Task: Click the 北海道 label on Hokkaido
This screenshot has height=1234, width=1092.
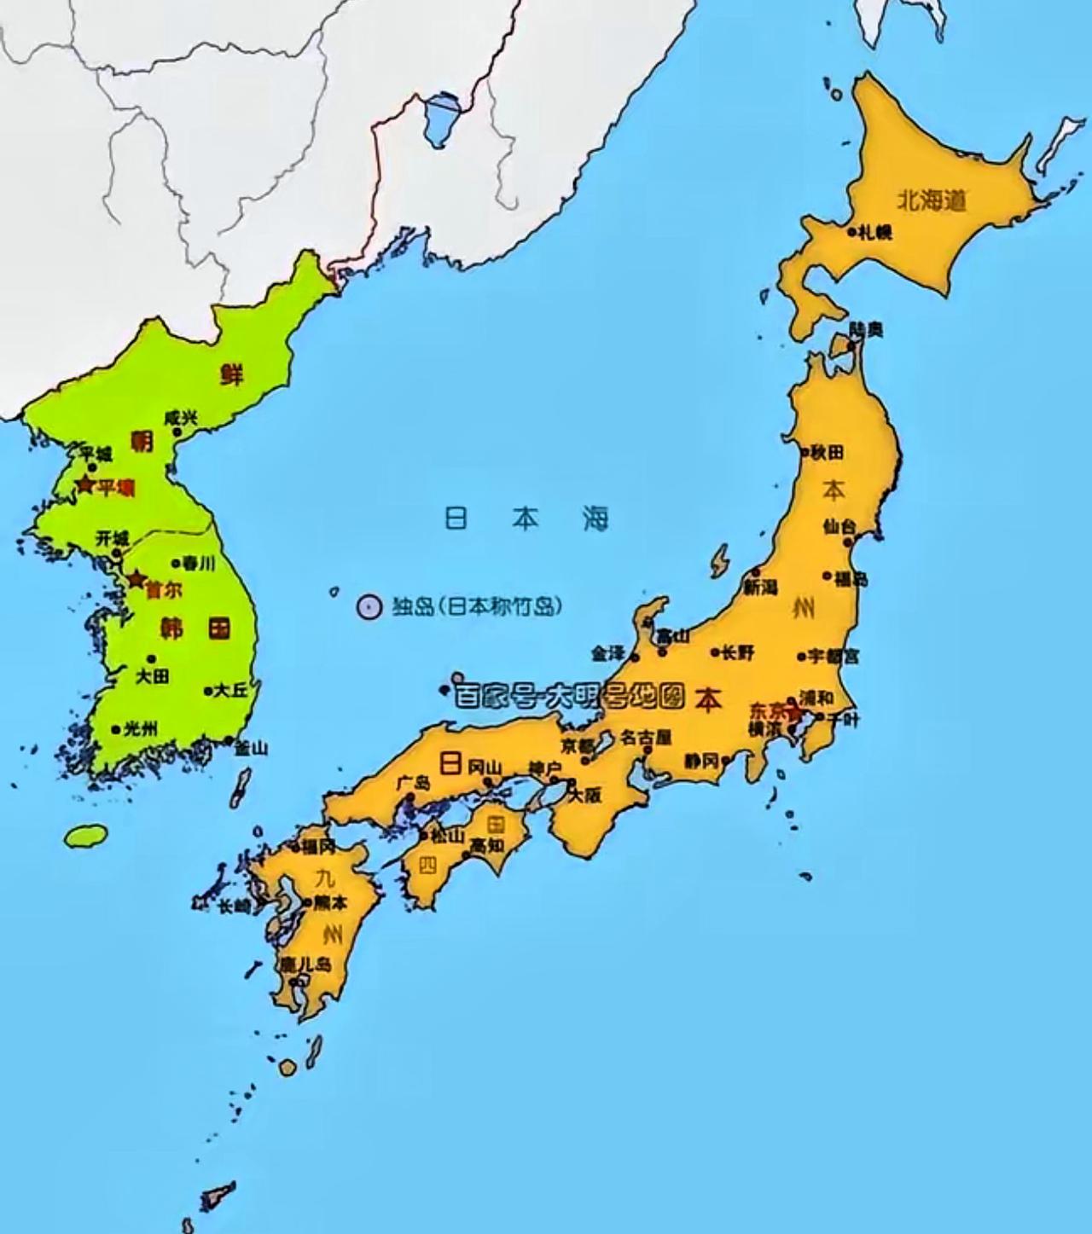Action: coord(932,201)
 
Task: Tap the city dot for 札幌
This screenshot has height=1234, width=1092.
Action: coord(851,231)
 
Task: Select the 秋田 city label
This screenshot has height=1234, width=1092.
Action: coord(827,452)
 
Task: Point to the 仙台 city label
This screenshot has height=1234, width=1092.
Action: coord(839,526)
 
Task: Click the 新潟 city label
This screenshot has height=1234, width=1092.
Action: coord(760,587)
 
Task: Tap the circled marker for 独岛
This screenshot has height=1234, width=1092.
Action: coord(368,607)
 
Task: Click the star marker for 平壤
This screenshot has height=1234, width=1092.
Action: coord(84,485)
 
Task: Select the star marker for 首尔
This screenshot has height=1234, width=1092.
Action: coord(135,580)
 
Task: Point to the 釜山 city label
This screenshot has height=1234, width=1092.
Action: coord(251,748)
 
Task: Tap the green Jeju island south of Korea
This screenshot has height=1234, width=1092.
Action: coord(87,836)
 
